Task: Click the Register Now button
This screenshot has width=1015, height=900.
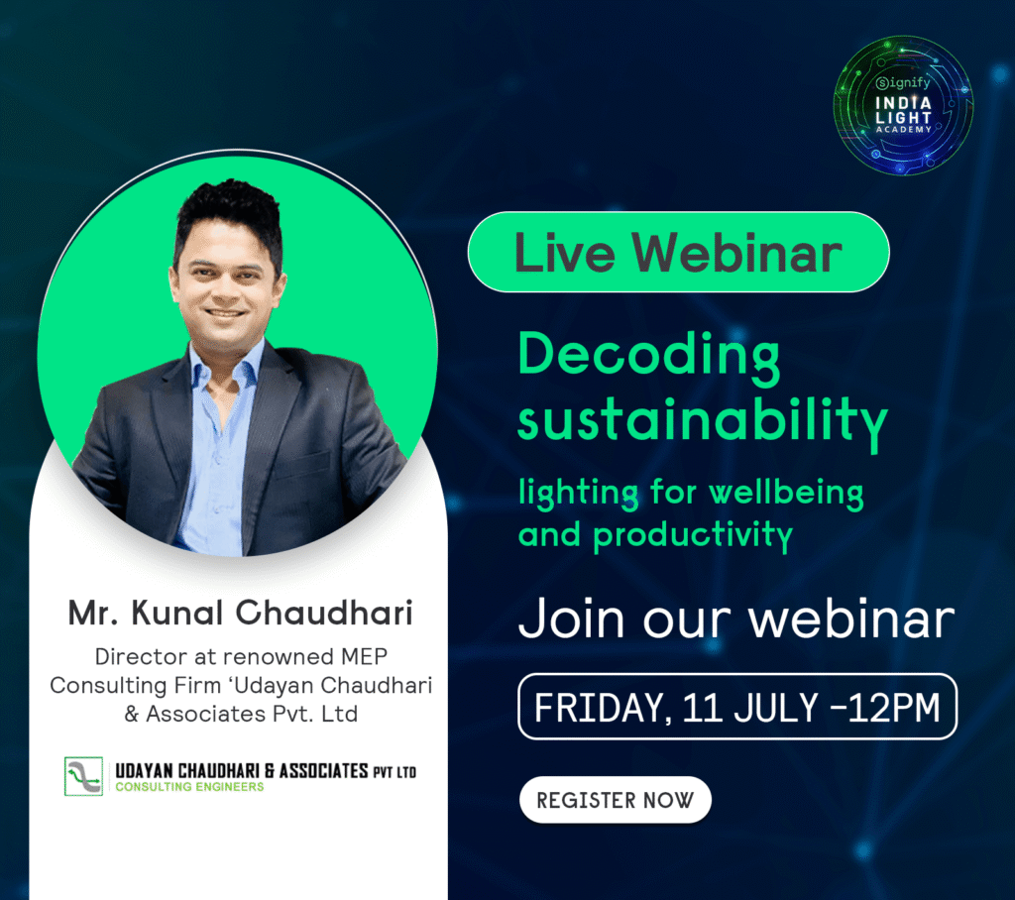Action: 615,800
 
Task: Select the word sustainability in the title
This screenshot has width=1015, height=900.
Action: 703,420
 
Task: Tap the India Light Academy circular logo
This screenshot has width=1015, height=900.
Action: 903,105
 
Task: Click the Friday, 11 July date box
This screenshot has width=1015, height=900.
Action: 736,707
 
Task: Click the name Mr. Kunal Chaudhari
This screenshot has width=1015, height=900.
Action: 240,614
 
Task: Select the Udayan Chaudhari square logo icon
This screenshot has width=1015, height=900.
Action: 83,776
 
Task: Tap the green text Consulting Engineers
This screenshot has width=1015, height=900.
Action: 189,787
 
